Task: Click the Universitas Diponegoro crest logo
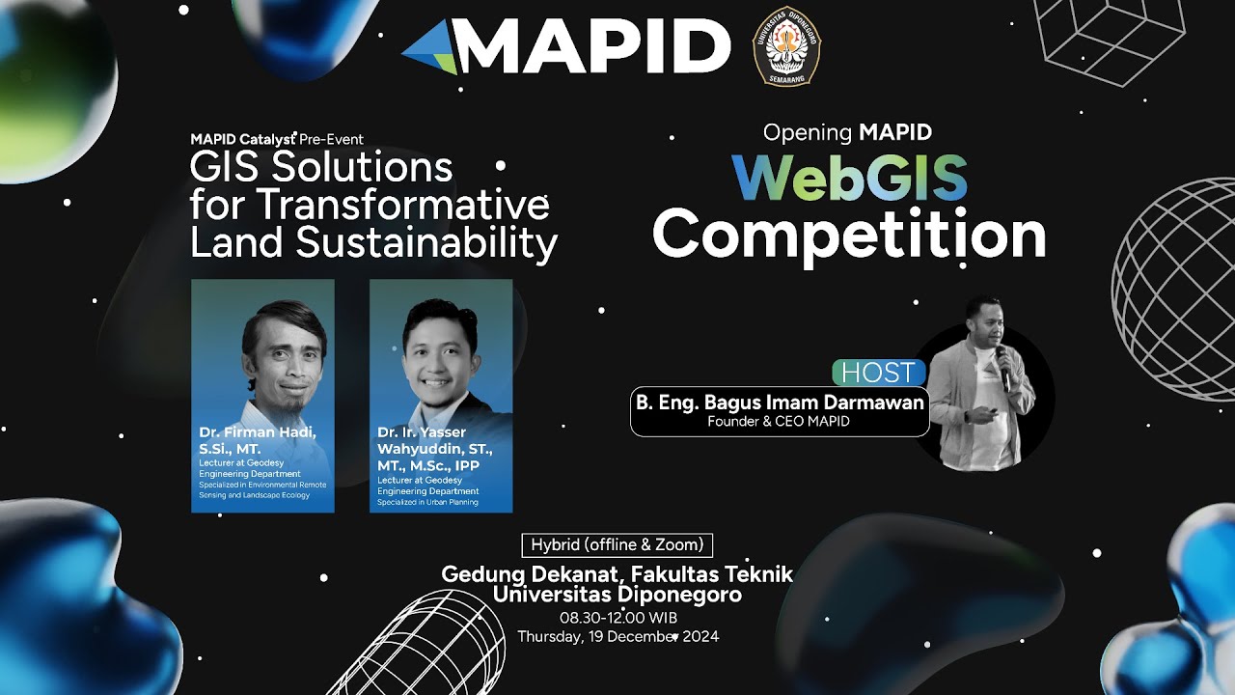786,46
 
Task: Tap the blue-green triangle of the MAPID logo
430,47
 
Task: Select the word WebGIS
849,178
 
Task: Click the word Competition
849,235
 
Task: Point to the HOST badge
878,373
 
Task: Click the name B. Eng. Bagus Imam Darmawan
780,402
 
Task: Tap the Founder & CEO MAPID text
779,422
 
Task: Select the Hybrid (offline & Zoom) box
617,544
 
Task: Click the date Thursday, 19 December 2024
617,636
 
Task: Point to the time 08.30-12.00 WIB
617,618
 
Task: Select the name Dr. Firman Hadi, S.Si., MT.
257,439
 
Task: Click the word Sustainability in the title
426,243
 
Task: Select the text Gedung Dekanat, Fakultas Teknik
617,574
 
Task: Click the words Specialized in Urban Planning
427,502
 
